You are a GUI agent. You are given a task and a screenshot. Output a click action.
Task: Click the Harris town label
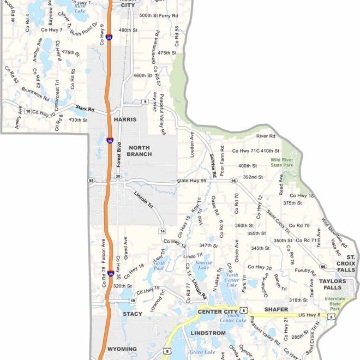[x=124, y=118]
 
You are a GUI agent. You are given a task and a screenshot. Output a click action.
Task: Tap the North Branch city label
[x=140, y=151]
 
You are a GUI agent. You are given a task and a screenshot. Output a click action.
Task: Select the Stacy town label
[x=133, y=314]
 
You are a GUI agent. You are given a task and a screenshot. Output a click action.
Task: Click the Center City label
[x=218, y=311]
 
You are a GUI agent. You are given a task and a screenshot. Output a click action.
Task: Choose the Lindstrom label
[x=208, y=333]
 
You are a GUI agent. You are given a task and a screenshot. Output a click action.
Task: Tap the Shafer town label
[x=276, y=309]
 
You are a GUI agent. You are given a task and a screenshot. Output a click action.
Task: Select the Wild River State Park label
[x=282, y=162]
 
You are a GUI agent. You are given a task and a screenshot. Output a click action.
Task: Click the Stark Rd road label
[x=85, y=109]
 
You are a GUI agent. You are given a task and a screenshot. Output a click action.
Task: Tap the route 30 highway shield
[x=118, y=176]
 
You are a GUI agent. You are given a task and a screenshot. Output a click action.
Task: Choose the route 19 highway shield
[x=132, y=300]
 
